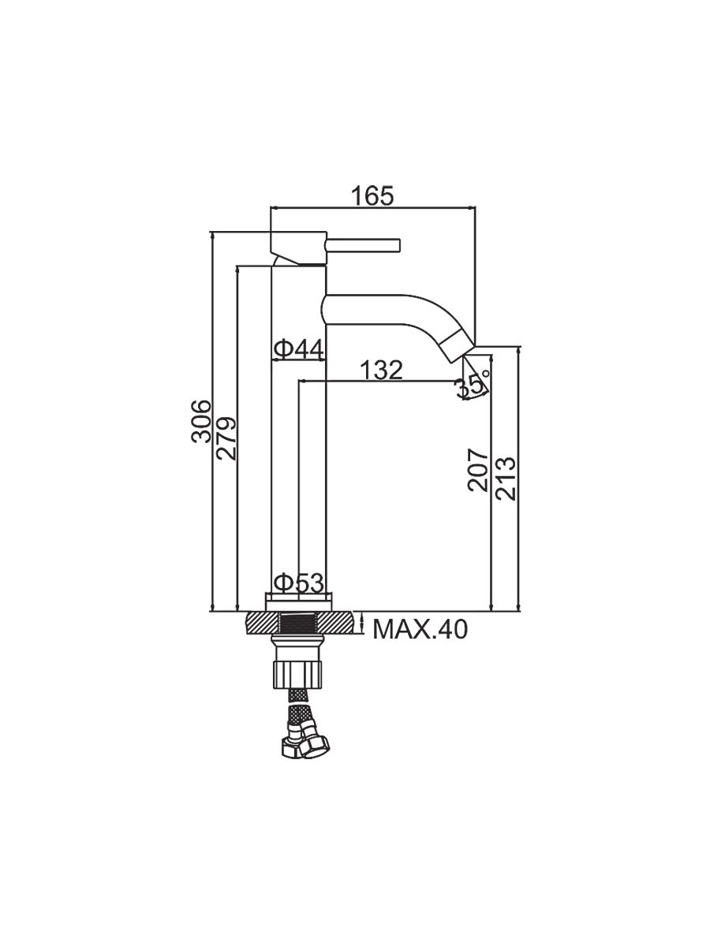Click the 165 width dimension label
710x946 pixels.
click(x=372, y=196)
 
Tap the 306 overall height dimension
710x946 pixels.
click(x=202, y=422)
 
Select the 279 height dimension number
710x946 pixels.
click(x=226, y=438)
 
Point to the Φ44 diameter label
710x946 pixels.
click(x=298, y=349)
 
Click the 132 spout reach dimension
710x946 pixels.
click(x=381, y=370)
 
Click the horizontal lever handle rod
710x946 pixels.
click(x=364, y=245)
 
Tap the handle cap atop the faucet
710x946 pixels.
click(x=299, y=248)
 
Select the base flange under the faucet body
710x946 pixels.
click(x=299, y=602)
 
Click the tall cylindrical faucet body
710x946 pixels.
click(x=298, y=430)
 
